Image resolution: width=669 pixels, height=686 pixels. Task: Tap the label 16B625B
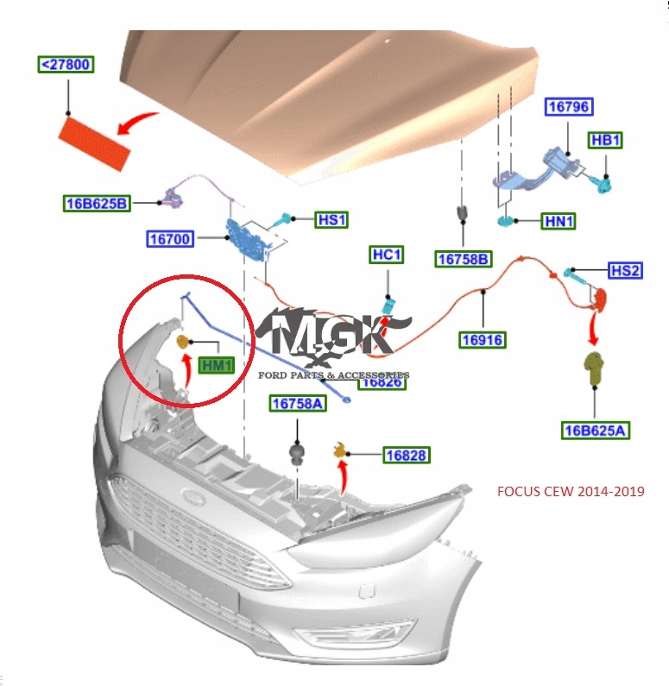[97, 204]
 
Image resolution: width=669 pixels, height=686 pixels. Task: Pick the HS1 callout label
[331, 220]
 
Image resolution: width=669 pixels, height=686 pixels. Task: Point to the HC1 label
[386, 255]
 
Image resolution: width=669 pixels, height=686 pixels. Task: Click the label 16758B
[464, 259]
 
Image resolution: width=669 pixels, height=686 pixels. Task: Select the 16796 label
[567, 108]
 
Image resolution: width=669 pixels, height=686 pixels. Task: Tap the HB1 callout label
[605, 140]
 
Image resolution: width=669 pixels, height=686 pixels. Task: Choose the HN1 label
[559, 222]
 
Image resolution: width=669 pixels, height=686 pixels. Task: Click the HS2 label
[625, 271]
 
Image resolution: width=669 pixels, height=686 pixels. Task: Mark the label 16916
[482, 339]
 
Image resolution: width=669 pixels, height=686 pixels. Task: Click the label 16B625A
[595, 430]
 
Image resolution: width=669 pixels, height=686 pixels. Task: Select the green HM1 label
[217, 366]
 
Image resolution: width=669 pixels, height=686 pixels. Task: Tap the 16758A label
[297, 403]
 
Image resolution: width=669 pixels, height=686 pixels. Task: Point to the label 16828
[407, 455]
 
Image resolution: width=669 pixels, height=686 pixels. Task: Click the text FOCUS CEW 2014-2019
[571, 492]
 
